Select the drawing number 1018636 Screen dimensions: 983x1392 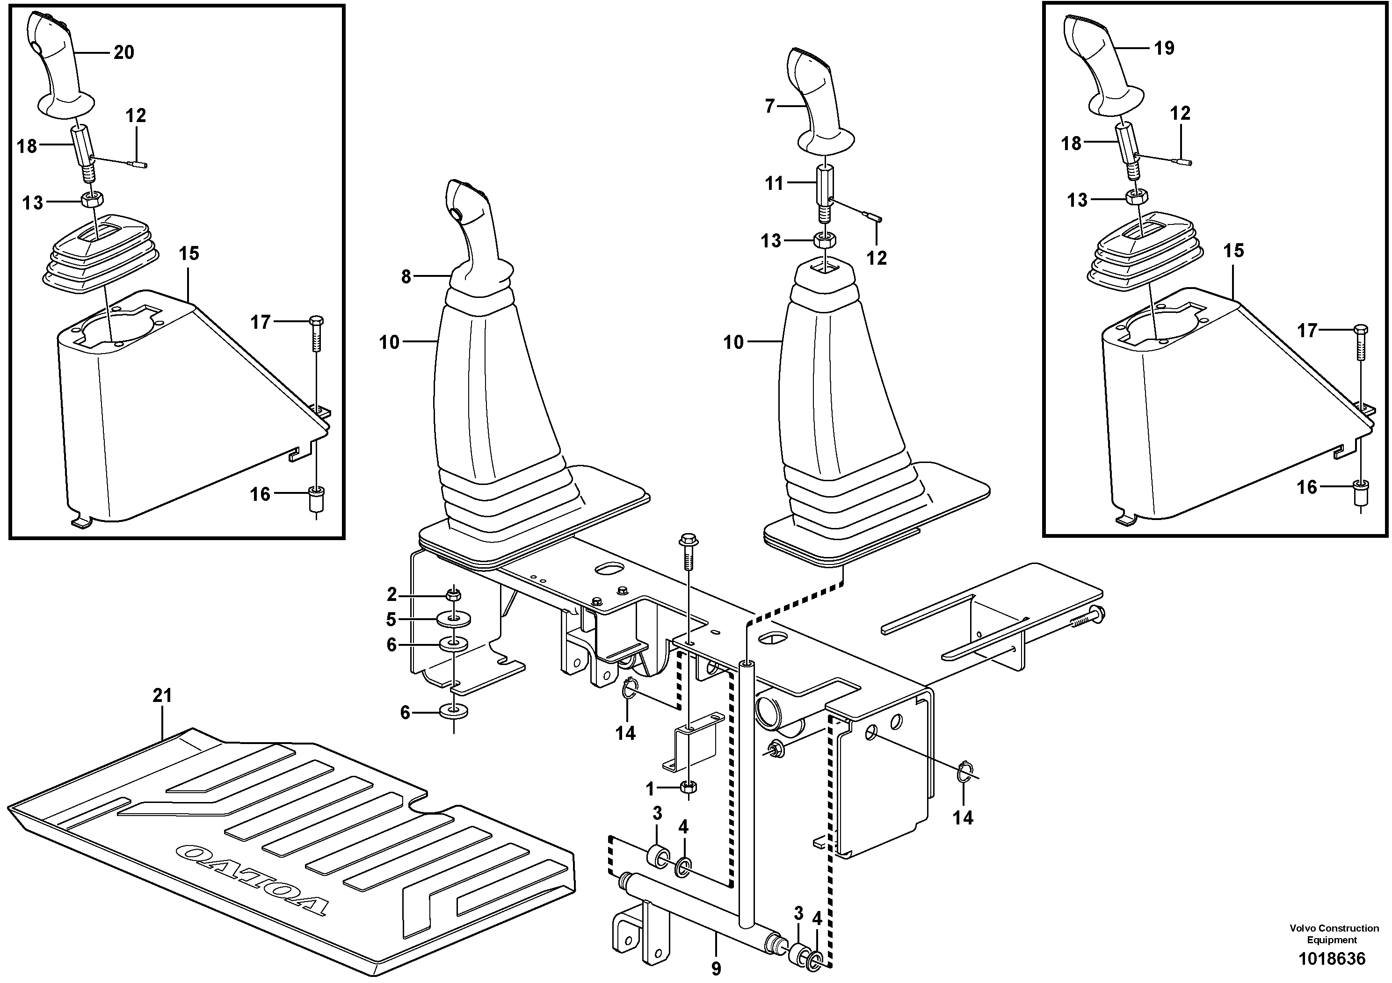1331,959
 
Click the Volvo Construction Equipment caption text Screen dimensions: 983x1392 1332,934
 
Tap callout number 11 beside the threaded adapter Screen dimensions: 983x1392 774,183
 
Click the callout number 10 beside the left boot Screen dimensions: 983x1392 389,342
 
